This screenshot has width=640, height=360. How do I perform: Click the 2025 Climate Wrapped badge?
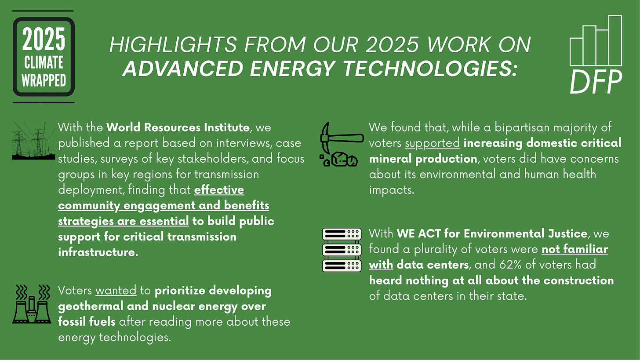tap(44, 57)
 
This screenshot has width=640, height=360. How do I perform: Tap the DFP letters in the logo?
tap(596, 82)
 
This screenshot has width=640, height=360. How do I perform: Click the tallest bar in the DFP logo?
tap(615, 40)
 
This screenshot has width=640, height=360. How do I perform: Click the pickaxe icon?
tap(338, 145)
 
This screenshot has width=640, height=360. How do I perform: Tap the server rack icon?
tap(342, 250)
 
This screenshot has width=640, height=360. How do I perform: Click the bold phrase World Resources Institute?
tap(178, 128)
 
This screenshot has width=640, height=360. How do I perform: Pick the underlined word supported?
tap(432, 143)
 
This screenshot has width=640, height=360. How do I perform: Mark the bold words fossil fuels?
tap(87, 321)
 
